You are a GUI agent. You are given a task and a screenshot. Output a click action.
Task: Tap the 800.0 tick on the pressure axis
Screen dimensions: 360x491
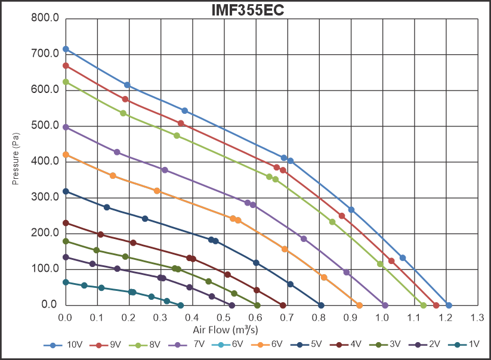[45, 18]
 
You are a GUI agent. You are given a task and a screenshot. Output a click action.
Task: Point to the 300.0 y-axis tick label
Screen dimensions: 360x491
[45, 197]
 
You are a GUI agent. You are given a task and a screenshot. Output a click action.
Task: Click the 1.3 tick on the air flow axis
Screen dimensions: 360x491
[477, 316]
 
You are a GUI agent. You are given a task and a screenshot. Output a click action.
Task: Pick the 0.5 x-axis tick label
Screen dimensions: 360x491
[224, 316]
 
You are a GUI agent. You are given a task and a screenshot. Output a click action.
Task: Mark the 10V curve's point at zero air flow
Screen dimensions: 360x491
[66, 49]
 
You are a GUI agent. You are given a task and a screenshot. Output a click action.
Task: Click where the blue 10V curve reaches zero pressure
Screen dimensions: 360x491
[449, 305]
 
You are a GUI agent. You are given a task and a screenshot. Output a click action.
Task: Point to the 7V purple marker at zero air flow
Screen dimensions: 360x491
[66, 128]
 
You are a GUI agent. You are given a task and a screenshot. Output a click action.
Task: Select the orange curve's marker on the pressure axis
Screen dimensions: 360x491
[66, 154]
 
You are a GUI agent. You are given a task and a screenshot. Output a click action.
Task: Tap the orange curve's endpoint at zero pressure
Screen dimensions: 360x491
[359, 305]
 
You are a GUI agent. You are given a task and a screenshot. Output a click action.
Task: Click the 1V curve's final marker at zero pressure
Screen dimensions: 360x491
[181, 305]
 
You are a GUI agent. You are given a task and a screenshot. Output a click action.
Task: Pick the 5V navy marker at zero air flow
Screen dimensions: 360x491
[66, 191]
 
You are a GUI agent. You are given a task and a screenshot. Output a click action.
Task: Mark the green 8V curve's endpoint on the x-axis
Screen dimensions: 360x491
[423, 305]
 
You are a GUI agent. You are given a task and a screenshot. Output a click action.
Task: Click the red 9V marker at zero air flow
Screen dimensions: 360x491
[66, 66]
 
